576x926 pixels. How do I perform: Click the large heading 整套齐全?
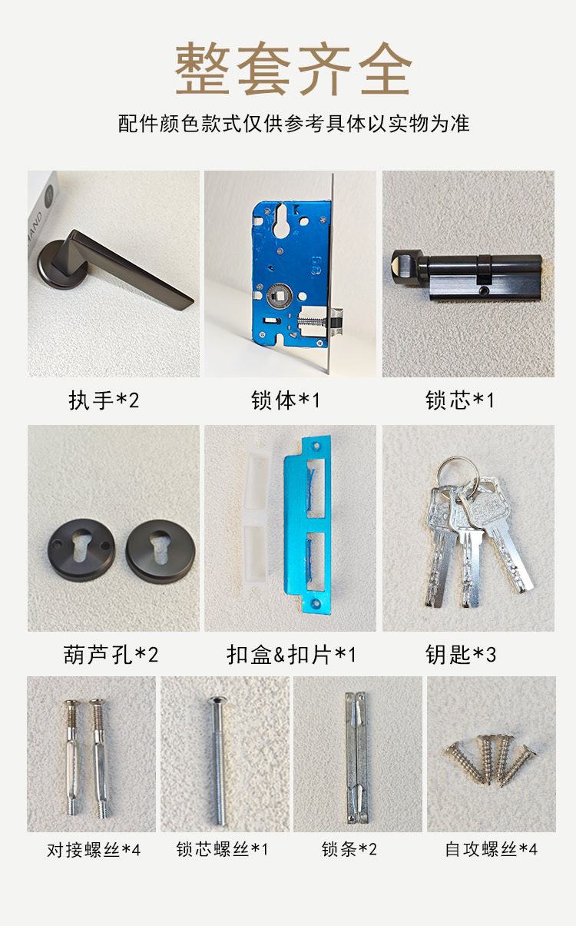click(293, 68)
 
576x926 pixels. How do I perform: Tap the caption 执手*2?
click(104, 400)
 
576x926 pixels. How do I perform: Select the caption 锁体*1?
click(286, 400)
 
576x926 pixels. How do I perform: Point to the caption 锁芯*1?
click(460, 400)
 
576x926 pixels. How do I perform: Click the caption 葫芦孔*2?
click(111, 655)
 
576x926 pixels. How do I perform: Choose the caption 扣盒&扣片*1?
click(291, 655)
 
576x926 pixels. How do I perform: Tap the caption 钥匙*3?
click(461, 655)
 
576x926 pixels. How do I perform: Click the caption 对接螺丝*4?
click(94, 850)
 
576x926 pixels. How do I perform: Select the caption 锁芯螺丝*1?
click(222, 849)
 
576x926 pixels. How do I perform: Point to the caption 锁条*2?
click(349, 849)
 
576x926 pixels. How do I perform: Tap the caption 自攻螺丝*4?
click(491, 849)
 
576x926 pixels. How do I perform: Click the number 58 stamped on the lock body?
click(316, 266)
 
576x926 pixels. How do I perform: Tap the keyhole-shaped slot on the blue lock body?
click(281, 221)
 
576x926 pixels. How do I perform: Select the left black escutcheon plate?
click(81, 550)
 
